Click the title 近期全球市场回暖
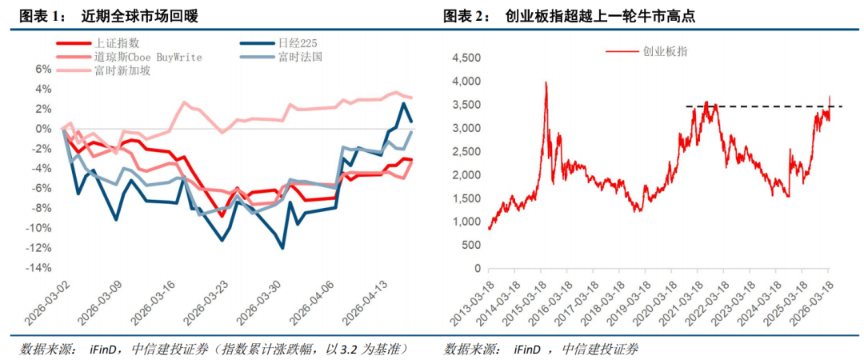(x=140, y=15)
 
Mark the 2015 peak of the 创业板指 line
(x=546, y=82)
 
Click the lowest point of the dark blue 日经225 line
(x=282, y=248)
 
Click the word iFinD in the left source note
(x=105, y=349)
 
